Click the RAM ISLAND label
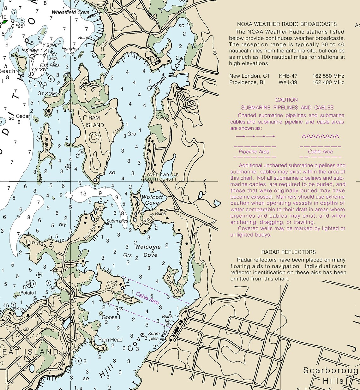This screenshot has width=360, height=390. (95, 121)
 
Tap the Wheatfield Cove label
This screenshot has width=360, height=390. (70, 12)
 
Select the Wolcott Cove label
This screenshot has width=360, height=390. (152, 200)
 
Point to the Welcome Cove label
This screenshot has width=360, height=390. (148, 250)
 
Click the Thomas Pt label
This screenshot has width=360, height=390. (39, 243)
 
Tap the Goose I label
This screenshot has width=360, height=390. (110, 317)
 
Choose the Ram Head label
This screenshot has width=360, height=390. (110, 340)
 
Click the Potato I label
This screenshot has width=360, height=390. (28, 293)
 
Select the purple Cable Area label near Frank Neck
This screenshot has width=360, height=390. (147, 298)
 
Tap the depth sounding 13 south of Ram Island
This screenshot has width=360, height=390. (83, 193)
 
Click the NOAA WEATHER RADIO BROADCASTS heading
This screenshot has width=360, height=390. (287, 24)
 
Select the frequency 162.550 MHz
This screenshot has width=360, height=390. (328, 76)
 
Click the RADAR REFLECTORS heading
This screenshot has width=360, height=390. (288, 252)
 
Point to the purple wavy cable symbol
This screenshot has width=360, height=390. (320, 136)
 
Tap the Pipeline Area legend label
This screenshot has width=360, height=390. (254, 152)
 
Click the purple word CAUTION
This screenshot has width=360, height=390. (286, 100)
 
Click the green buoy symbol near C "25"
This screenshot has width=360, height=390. (4, 22)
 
